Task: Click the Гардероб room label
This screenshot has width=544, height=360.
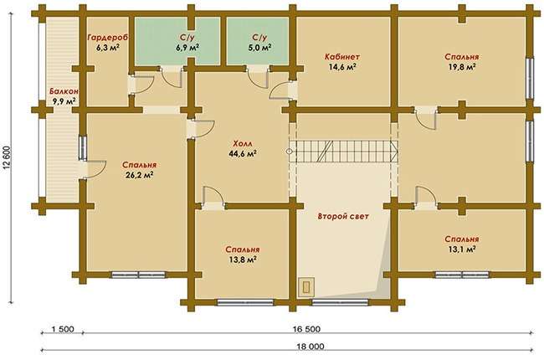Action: point(108,37)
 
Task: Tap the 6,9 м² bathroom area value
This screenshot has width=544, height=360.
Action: point(187,48)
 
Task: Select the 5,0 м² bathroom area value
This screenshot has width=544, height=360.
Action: point(259,48)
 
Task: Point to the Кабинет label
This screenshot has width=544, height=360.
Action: point(342,57)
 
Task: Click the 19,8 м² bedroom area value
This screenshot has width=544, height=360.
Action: point(461,67)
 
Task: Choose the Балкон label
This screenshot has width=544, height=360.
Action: point(64,91)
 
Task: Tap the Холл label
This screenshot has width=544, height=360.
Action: point(243,143)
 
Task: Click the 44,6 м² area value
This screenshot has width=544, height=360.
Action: point(243,153)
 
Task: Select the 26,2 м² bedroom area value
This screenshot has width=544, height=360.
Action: point(140,175)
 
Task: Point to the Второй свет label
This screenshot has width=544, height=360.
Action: point(343,216)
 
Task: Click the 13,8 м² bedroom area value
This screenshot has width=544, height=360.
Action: point(243,260)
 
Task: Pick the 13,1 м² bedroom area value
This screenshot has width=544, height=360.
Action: point(461,249)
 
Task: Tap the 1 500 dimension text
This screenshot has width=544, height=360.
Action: point(63,329)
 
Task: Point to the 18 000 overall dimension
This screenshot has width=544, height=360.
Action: point(310,347)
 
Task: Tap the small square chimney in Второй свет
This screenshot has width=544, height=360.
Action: point(306,287)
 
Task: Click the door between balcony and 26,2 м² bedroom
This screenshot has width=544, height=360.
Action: point(92,170)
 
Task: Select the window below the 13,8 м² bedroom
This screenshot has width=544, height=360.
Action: point(245,302)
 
